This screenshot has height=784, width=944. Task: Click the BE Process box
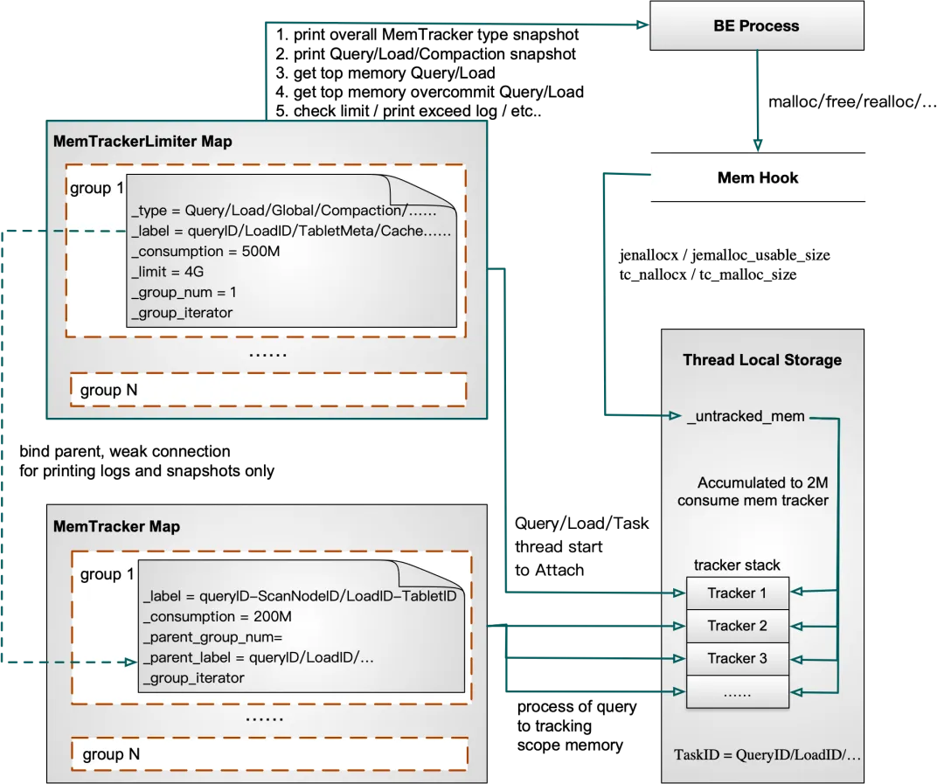(x=757, y=26)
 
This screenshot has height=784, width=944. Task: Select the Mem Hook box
(x=758, y=177)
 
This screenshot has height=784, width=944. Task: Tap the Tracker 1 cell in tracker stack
(x=737, y=593)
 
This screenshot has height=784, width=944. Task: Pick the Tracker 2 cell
(x=737, y=626)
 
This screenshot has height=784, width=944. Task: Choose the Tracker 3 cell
(x=737, y=658)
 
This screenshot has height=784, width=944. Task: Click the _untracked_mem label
(x=746, y=416)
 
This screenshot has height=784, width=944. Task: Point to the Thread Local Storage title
(x=762, y=360)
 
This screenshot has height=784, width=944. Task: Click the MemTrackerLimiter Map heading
(x=142, y=142)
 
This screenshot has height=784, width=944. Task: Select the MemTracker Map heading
(x=116, y=527)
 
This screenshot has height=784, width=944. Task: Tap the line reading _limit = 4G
(x=168, y=272)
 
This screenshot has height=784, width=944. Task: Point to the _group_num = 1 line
(x=184, y=292)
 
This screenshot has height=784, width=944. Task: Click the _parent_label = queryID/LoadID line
(x=258, y=657)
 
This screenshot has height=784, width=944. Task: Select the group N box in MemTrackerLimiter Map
(x=267, y=390)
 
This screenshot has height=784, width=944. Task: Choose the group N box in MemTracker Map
(x=269, y=753)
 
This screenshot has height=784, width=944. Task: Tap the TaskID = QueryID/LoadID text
(x=767, y=754)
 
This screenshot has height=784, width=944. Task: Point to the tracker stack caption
(x=737, y=564)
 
